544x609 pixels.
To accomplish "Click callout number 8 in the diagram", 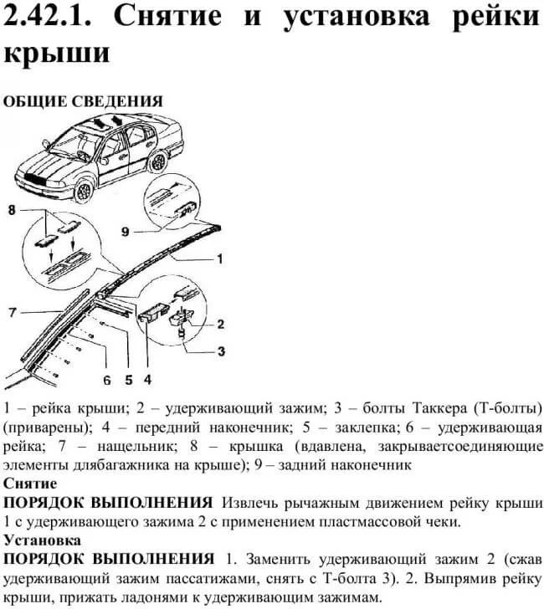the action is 12,210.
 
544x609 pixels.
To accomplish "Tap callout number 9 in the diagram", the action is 125,232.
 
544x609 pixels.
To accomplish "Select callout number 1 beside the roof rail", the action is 220,258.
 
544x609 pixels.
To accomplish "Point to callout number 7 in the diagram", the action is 13,312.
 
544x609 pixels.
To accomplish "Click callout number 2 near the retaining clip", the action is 221,324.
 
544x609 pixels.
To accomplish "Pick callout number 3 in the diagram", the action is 222,351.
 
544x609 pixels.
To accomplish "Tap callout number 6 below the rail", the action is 107,380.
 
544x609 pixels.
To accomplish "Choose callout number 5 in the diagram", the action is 129,380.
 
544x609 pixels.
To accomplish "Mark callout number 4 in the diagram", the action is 147,380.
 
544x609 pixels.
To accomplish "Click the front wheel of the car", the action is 84,191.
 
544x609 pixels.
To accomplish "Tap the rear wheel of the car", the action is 158,162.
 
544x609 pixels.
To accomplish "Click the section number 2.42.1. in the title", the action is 48,17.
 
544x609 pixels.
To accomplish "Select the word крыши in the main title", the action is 57,53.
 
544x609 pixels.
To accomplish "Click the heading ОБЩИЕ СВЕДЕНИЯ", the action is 83,101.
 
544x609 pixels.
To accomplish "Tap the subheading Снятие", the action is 30,484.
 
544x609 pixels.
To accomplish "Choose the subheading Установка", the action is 43,540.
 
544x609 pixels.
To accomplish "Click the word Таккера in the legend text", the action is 440,408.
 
